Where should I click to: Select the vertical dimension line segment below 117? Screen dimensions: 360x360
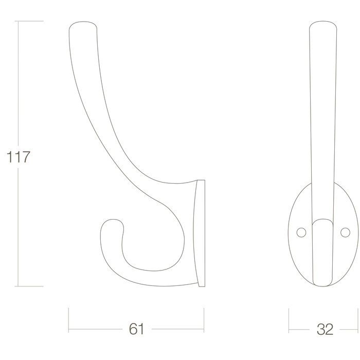pyautogui.click(x=20, y=226)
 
